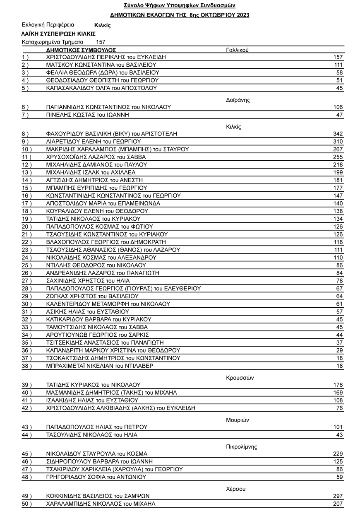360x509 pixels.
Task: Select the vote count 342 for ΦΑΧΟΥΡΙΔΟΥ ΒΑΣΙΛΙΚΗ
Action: coord(338,134)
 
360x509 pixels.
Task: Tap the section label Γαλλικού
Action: coord(237,50)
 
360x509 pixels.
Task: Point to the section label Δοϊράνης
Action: coord(238,100)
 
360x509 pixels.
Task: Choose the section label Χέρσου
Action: coord(236,489)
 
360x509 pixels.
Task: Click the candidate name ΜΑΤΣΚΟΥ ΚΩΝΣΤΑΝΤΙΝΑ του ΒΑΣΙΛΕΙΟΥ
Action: coord(101,65)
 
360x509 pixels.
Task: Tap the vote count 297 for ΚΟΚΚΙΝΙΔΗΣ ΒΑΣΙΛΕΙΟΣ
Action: coord(338,496)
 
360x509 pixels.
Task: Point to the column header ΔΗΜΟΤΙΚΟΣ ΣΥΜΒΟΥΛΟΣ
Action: coord(81,50)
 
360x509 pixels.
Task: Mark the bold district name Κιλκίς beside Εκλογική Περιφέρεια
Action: coord(102,26)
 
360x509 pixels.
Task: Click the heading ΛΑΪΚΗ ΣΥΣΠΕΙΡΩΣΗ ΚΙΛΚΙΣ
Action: coord(58,34)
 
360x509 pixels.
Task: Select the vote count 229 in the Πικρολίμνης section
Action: coord(338,454)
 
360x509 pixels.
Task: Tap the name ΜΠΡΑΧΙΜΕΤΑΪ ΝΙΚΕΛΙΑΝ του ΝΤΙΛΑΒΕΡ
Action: coord(100,366)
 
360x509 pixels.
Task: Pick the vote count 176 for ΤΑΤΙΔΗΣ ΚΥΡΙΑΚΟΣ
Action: coord(338,385)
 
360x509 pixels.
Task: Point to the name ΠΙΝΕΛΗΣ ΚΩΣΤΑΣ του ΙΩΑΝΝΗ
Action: coord(88,115)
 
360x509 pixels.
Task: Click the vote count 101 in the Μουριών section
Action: coord(338,427)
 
